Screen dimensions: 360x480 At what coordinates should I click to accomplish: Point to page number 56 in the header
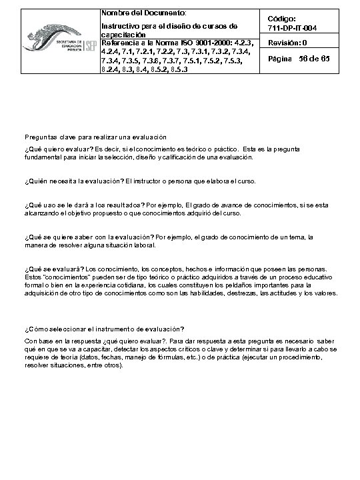coord(306,59)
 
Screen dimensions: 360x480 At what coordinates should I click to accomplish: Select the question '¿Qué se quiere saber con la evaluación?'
coord(87,237)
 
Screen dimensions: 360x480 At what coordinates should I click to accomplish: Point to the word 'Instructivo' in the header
coord(119,25)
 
